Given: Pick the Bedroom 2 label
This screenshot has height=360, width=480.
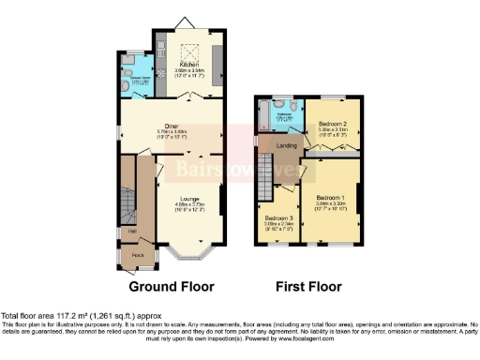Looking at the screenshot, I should click(332, 125).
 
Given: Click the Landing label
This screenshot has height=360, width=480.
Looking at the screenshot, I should click(286, 146).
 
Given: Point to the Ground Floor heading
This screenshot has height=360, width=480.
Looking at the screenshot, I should click(171, 287).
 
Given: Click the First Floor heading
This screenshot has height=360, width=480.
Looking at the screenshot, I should click(308, 287).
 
